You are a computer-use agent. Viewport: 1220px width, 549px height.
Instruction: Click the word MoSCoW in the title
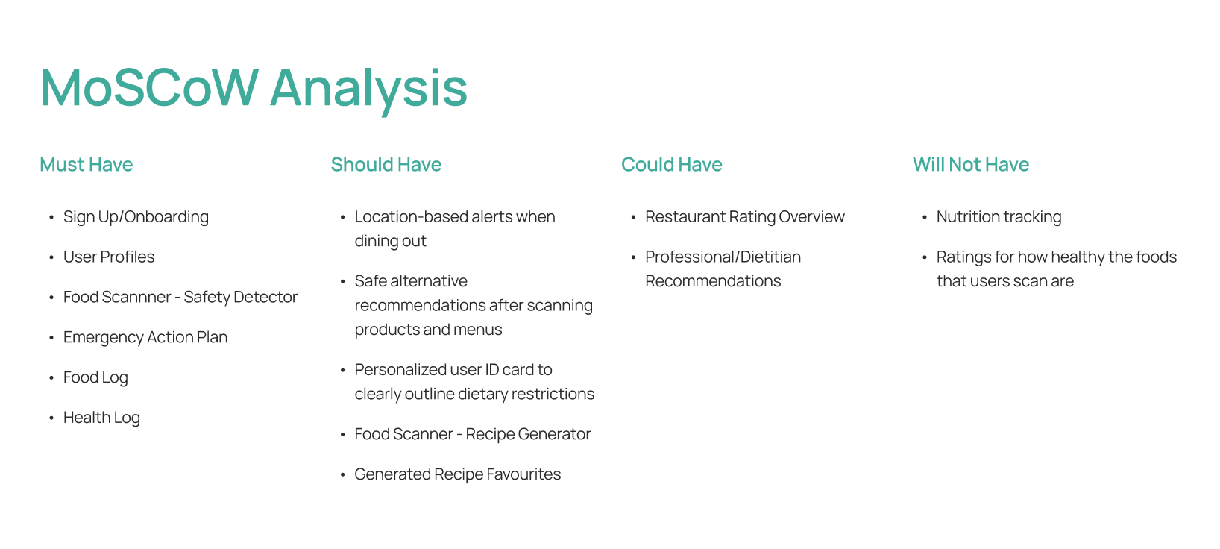[x=149, y=87]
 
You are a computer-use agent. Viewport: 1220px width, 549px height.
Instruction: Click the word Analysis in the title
[x=368, y=90]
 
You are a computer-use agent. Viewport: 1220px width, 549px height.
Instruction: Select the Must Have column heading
[x=86, y=165]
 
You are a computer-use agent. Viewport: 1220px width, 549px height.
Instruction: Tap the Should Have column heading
[x=386, y=165]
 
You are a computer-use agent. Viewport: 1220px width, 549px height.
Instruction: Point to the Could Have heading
[x=672, y=165]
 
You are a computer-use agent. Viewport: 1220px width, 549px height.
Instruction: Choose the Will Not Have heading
[x=971, y=165]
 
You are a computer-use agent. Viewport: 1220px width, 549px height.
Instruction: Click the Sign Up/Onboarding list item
[x=136, y=217]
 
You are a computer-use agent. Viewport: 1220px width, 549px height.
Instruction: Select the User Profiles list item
[x=109, y=257]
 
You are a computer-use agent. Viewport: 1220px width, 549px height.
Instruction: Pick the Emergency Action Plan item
[x=145, y=337]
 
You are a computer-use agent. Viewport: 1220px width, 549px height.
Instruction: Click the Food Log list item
[x=96, y=377]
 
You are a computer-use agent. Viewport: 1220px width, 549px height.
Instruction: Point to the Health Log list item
[x=102, y=418]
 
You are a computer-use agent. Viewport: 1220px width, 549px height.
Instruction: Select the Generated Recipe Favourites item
[x=458, y=474]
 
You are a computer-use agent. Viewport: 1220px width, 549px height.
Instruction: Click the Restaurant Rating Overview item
[x=745, y=217]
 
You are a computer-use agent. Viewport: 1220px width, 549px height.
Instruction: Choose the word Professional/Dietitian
[x=723, y=257]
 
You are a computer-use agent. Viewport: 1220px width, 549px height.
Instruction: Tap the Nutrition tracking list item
[x=999, y=217]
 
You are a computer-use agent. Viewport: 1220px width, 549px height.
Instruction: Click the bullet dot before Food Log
[x=51, y=378]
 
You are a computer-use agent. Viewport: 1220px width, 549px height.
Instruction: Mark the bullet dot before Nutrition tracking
[x=925, y=217]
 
